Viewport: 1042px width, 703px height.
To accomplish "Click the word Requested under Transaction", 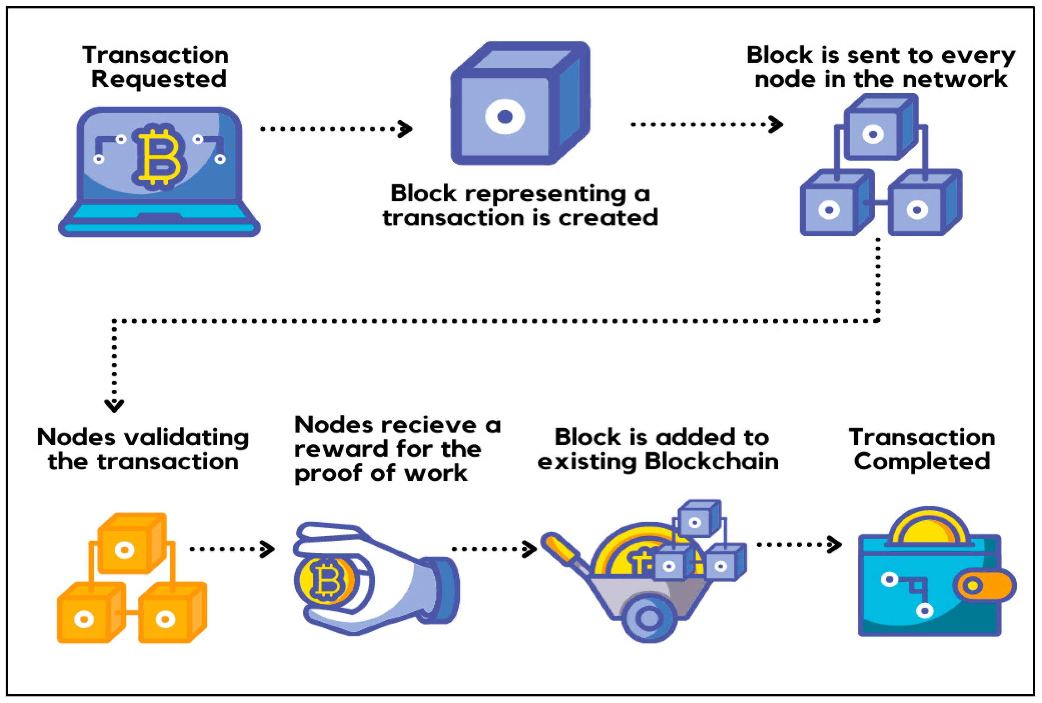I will click(x=159, y=79).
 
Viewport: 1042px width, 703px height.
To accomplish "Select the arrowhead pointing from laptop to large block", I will click(x=406, y=129).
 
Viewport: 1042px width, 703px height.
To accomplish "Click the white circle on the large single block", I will click(x=505, y=117).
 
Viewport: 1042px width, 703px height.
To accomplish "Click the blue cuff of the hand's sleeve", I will click(x=443, y=589).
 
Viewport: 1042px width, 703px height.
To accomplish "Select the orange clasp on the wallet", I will click(x=985, y=585).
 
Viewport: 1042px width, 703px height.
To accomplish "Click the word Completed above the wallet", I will click(x=922, y=462).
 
